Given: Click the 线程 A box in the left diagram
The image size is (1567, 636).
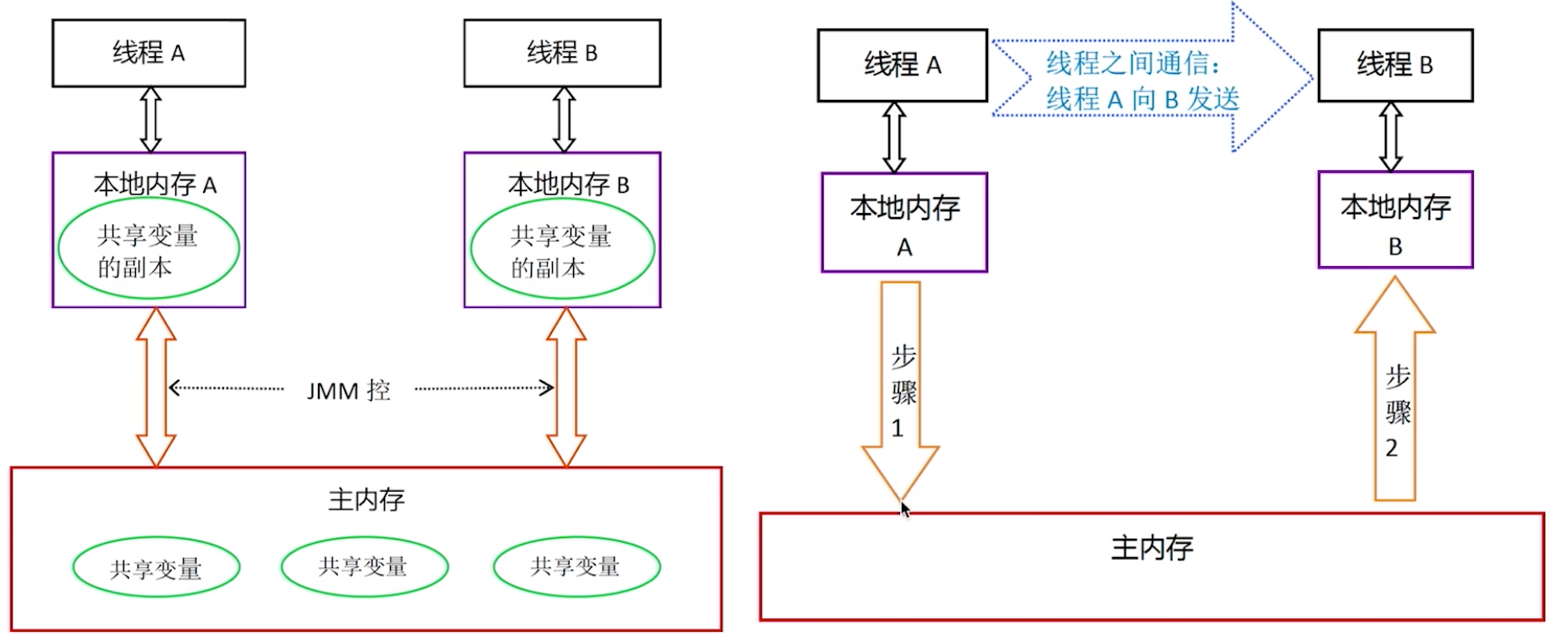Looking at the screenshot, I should coord(148,53).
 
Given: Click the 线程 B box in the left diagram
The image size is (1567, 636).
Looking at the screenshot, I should coord(562,53).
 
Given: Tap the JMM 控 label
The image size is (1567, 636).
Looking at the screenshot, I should coord(348,390).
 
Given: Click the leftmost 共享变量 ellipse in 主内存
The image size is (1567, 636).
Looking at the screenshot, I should coord(156,568).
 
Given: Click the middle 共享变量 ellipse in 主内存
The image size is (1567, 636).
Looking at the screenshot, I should coord(364,566).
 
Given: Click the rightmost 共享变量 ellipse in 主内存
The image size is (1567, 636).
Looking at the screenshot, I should coord(576,566).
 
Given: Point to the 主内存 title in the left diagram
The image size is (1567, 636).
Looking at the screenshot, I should coord(366,500).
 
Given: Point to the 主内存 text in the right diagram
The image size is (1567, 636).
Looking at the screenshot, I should coord(1152,548).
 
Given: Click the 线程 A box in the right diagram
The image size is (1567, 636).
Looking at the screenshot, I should coord(902,65).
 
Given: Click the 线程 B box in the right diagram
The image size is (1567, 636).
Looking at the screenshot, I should coord(1395,65).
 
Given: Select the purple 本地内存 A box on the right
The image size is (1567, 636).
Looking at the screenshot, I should coord(904,223).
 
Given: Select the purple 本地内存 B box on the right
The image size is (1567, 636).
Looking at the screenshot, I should coord(1395,221).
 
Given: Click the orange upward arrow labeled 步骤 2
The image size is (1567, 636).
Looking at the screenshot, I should coord(1395,394).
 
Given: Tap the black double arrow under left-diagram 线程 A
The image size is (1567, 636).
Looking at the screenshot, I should coord(150,120).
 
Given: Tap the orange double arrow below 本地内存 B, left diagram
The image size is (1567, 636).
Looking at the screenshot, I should coord(566,387).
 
